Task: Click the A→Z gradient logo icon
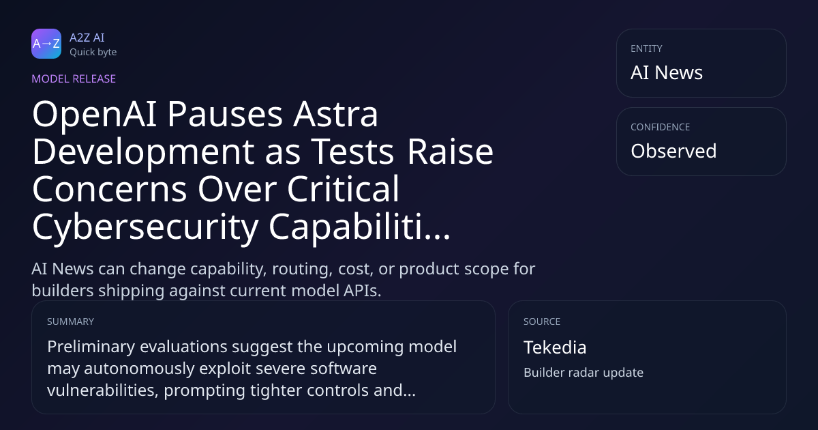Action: pyautogui.click(x=46, y=44)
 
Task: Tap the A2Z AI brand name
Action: pyautogui.click(x=87, y=38)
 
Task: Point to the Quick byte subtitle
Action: pyautogui.click(x=93, y=53)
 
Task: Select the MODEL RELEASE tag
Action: pyautogui.click(x=74, y=78)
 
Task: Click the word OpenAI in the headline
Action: pyautogui.click(x=95, y=115)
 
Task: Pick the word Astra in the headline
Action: pyautogui.click(x=335, y=114)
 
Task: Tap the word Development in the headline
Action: pyautogui.click(x=143, y=152)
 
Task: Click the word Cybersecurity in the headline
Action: pyautogui.click(x=145, y=227)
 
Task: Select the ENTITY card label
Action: pyautogui.click(x=646, y=48)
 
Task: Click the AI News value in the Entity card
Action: pyautogui.click(x=667, y=72)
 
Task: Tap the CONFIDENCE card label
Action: pyautogui.click(x=661, y=127)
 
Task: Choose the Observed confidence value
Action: pyautogui.click(x=673, y=151)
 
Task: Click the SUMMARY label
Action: pyautogui.click(x=70, y=321)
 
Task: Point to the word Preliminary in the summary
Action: pyautogui.click(x=91, y=347)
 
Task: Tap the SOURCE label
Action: pyautogui.click(x=541, y=321)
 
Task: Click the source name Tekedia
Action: pyautogui.click(x=555, y=347)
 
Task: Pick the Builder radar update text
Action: pyautogui.click(x=584, y=372)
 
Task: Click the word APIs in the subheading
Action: pyautogui.click(x=361, y=291)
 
